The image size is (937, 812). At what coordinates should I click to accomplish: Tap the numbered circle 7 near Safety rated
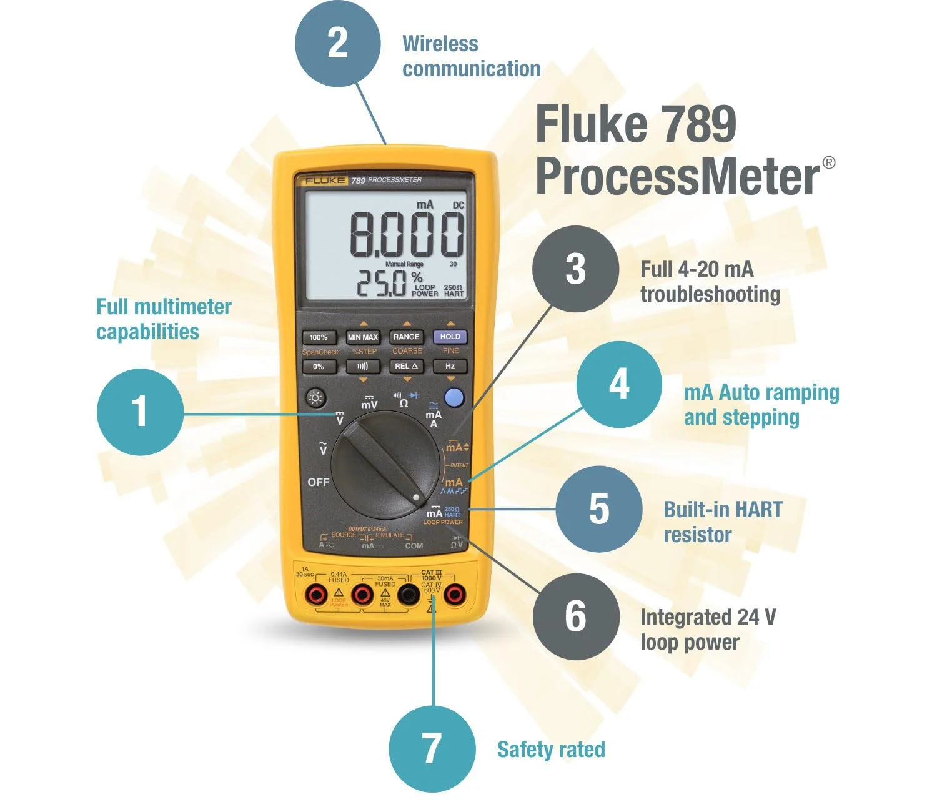point(432,748)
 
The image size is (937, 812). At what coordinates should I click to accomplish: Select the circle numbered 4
point(618,384)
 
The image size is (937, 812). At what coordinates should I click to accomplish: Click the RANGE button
point(406,337)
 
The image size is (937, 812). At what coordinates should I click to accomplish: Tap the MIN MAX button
point(363,337)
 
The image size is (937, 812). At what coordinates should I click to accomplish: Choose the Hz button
point(450,366)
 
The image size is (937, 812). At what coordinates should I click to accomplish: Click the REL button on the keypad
point(406,366)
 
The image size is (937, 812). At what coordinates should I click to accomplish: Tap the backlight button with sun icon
point(316,398)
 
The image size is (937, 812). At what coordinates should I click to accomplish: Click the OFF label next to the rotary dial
point(318,482)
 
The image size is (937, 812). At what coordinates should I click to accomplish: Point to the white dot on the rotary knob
point(417,498)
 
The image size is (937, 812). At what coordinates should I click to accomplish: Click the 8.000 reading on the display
point(407,235)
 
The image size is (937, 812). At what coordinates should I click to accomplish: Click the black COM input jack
point(409,595)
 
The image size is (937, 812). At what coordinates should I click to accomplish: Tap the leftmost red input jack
point(316,595)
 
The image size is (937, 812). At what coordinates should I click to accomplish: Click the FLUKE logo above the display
point(325,181)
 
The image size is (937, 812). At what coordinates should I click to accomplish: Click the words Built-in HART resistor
point(722,522)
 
